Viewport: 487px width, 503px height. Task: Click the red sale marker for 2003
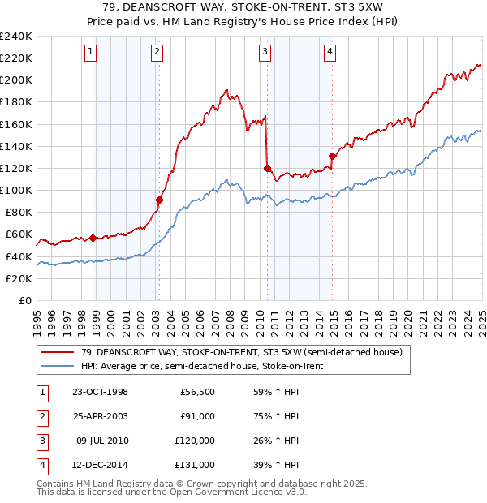tap(159, 200)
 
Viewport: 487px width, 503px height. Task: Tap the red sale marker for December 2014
tap(332, 156)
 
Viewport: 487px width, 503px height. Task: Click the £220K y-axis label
tap(16, 58)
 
